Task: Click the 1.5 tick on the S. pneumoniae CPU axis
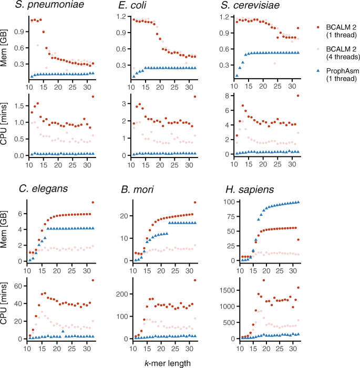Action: click(19, 106)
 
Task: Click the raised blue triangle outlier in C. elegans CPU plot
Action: click(63, 331)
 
